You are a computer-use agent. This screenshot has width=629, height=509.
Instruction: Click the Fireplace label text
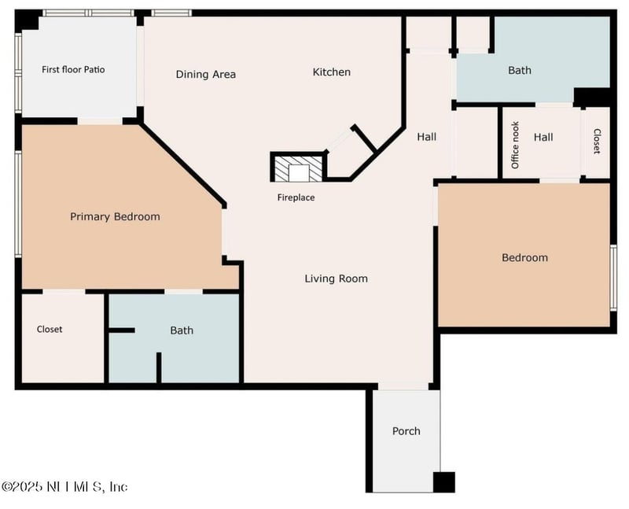coord(296,197)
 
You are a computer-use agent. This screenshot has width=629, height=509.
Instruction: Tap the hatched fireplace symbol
coord(299,168)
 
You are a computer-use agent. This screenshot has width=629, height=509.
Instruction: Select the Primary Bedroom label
coord(115,217)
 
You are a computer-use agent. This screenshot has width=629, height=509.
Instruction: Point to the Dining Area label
coord(206,74)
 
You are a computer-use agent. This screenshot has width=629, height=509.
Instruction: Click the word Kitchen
coord(332,72)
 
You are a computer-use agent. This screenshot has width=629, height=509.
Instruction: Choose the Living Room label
coord(337,278)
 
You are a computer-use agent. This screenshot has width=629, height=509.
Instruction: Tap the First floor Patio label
coord(73,69)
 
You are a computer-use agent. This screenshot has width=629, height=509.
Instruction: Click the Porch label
coord(406,431)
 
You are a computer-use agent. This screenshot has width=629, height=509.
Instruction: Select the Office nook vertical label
coord(515,145)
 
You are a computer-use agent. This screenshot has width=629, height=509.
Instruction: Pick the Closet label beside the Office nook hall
coord(597,141)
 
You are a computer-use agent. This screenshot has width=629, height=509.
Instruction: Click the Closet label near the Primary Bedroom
coord(50,329)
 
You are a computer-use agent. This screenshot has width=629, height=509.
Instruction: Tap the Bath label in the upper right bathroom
coord(520,70)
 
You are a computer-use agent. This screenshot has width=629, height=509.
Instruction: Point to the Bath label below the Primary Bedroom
coord(182,330)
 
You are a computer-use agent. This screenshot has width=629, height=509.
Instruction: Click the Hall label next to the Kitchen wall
coord(427,137)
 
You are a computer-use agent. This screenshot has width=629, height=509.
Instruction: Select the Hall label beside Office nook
coord(543,138)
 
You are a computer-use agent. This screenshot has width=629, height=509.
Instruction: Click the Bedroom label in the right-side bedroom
coord(525,257)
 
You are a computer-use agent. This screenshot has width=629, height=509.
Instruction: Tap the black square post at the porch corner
coord(444,482)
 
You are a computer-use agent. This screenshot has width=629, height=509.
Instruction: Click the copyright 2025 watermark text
coord(64,487)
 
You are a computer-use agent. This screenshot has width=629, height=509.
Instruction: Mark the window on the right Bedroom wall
coord(613,278)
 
